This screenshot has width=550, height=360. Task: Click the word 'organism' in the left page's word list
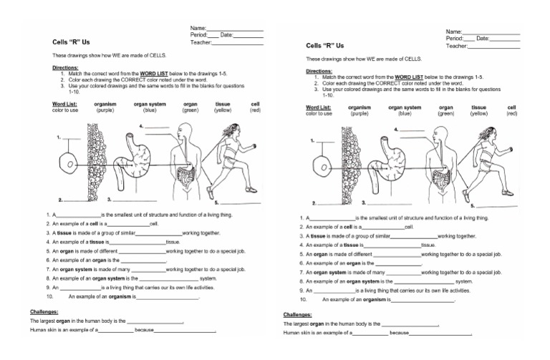(x=105, y=104)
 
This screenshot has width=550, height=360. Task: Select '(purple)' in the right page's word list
(x=360, y=114)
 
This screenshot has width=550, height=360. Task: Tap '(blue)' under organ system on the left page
(x=150, y=110)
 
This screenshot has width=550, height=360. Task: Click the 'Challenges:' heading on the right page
(x=297, y=314)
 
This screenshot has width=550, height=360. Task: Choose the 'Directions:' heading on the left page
(x=65, y=67)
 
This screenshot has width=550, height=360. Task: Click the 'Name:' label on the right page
(x=453, y=32)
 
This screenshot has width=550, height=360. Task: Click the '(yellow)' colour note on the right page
(x=479, y=114)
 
